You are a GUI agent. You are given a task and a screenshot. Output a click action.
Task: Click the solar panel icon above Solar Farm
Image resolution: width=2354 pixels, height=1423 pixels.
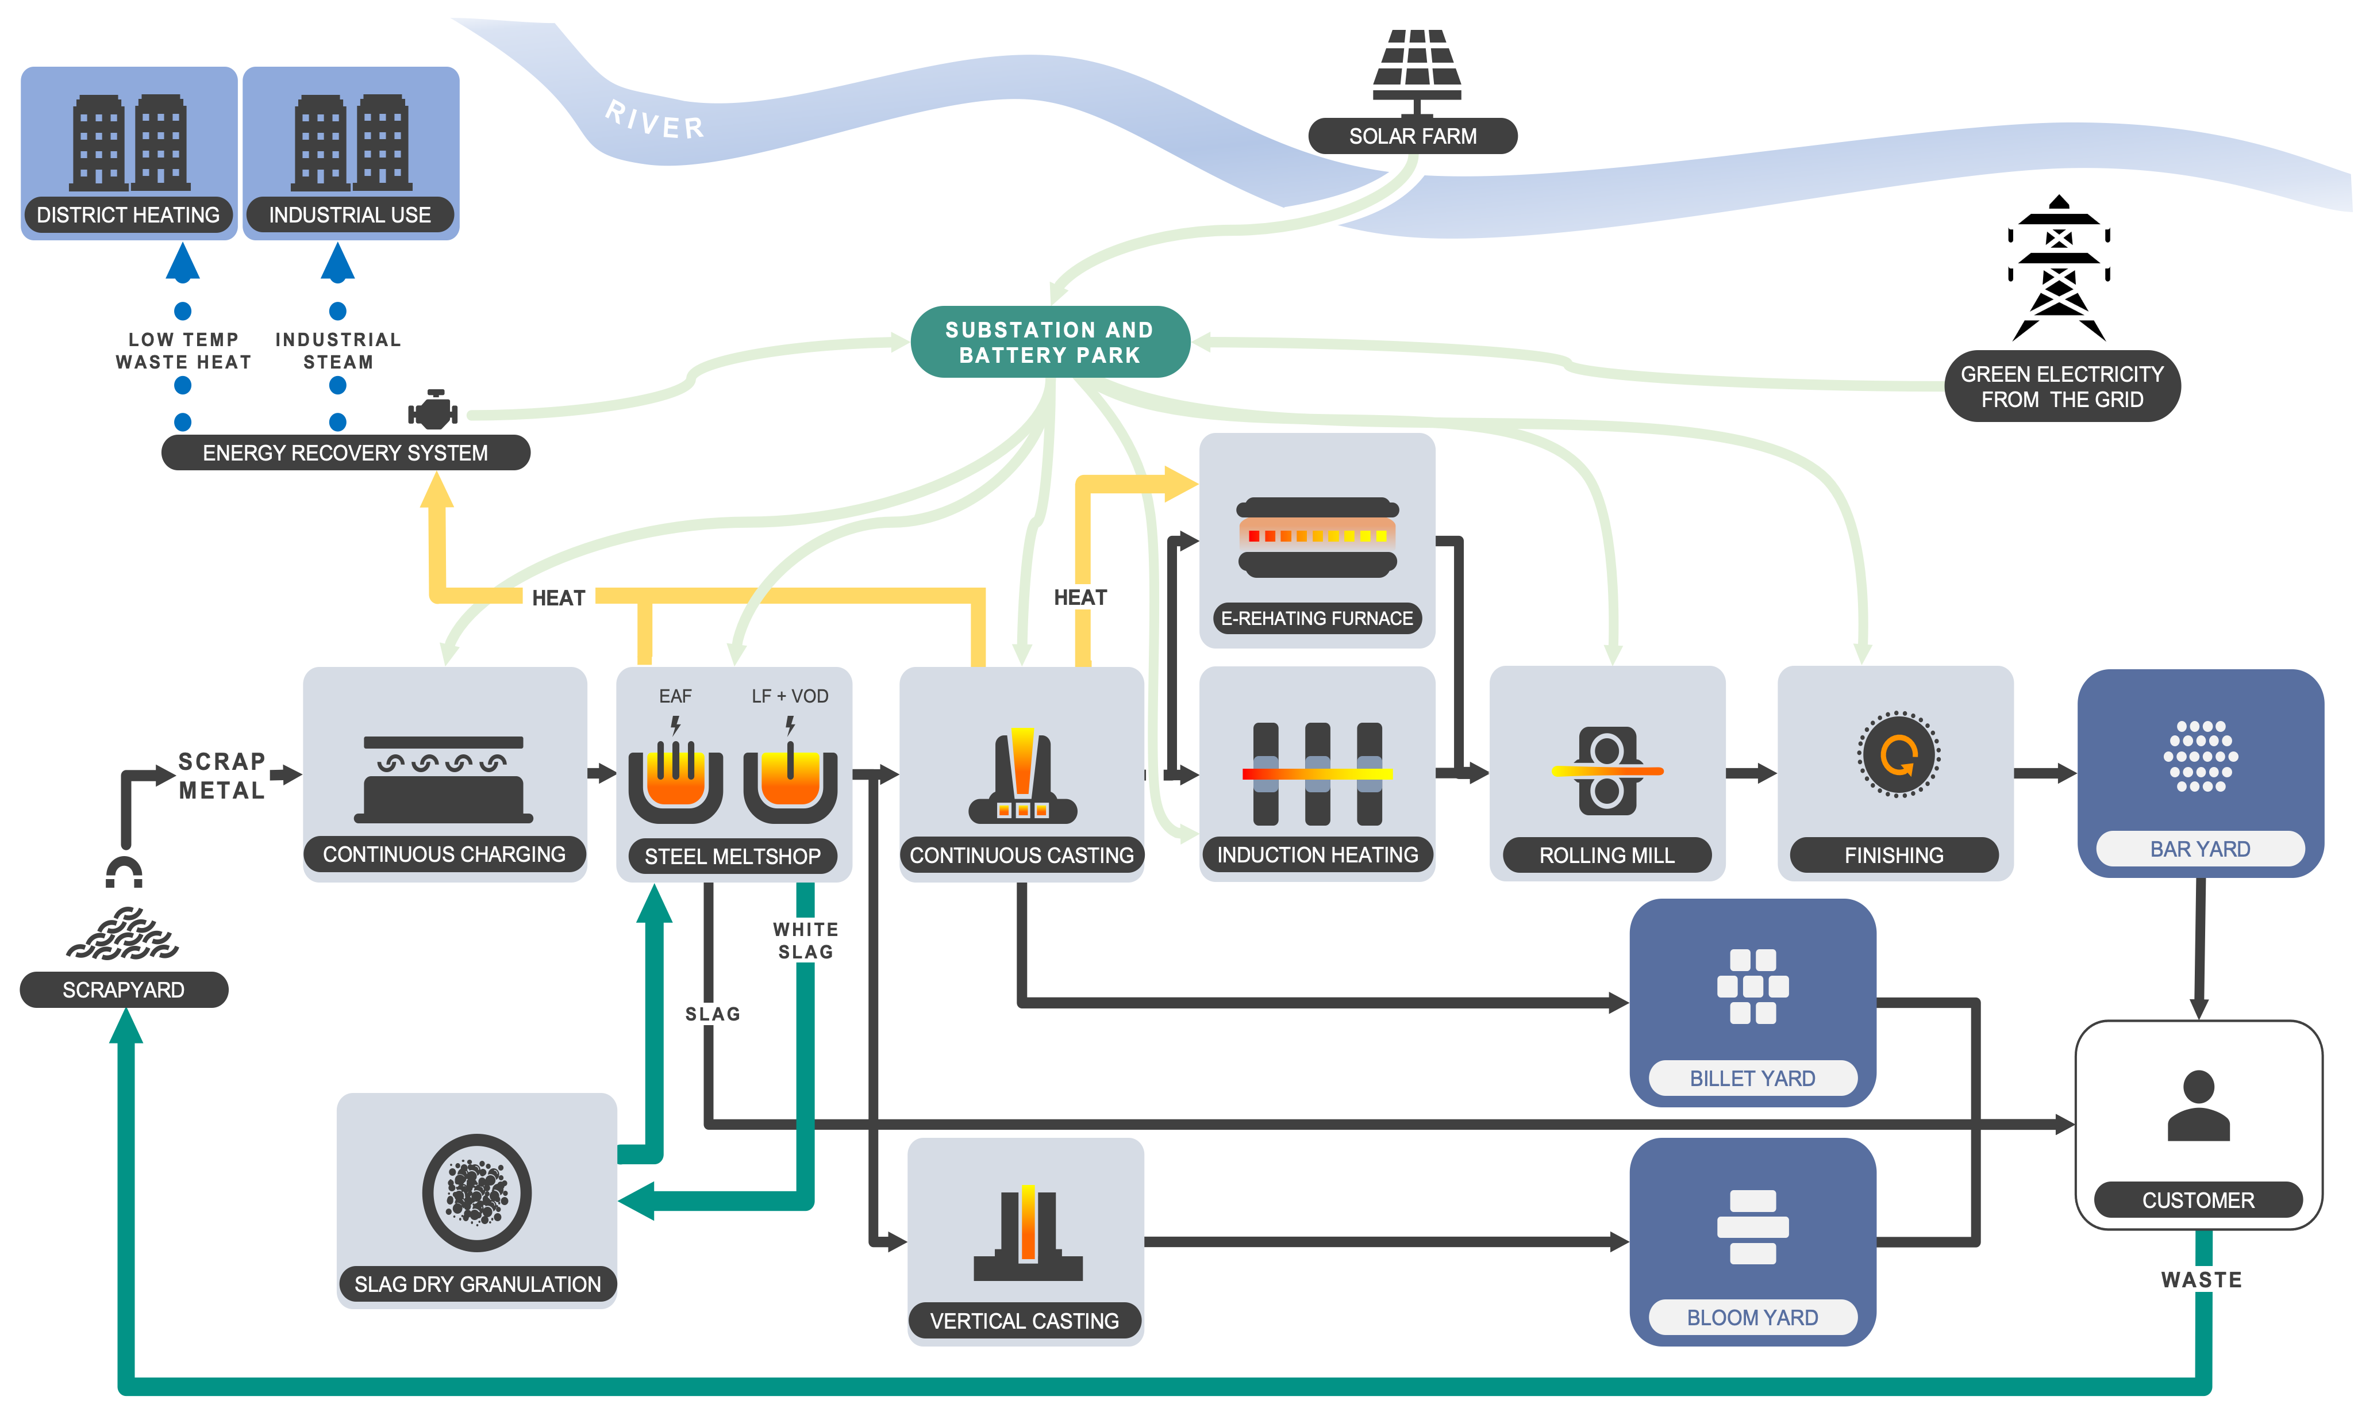coord(1416,65)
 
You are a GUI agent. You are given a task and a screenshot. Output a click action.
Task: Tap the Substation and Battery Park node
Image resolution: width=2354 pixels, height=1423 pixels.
coord(1050,342)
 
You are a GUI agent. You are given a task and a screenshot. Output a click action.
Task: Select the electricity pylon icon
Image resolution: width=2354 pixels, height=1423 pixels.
coord(2059,270)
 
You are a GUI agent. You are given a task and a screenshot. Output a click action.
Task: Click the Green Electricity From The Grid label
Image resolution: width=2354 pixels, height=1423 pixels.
coord(2061,387)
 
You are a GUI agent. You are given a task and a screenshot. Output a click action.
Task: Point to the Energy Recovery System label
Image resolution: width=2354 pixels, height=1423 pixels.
coord(345,453)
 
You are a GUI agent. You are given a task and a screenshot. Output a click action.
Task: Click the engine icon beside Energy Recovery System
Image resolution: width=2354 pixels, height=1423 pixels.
coord(433,411)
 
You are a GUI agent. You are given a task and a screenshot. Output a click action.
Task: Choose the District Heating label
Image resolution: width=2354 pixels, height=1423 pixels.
coord(128,215)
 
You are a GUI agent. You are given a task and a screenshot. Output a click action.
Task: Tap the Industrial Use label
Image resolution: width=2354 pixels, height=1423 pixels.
coord(349,215)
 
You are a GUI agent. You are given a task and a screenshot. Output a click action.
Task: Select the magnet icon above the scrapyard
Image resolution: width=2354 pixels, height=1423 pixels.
coord(124,873)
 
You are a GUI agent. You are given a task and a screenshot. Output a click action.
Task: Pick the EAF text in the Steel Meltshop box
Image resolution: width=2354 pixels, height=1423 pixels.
coord(675,697)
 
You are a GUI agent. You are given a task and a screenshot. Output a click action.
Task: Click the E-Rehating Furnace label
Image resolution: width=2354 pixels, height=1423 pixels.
coord(1317,618)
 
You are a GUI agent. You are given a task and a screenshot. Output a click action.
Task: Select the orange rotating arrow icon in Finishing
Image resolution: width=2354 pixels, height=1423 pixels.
coord(1897,755)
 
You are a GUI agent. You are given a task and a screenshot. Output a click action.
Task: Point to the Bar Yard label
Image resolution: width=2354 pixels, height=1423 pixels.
coord(2199,849)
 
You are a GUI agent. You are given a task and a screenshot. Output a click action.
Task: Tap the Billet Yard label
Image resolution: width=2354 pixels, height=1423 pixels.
coord(1752,1078)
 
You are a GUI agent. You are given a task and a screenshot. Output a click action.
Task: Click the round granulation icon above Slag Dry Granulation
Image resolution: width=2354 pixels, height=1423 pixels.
coord(477,1192)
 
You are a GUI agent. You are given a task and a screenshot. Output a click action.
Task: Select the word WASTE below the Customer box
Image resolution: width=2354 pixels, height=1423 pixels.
coord(2201,1280)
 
